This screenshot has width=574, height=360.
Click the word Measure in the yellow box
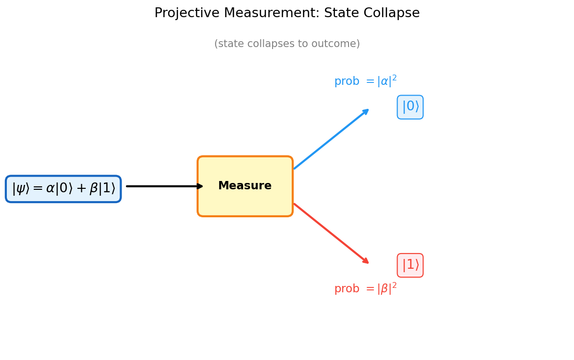click(245, 186)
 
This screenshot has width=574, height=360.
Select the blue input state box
click(63, 189)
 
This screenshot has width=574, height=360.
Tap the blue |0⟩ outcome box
click(410, 107)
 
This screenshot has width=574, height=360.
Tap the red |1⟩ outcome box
click(410, 265)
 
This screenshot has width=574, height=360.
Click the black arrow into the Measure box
click(164, 186)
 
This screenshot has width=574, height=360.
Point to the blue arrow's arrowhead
click(366, 111)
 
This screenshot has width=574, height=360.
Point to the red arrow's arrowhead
click(366, 261)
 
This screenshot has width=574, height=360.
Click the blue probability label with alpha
click(365, 81)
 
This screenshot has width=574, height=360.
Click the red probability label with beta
click(365, 289)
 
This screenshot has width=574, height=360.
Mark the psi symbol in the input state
click(21, 189)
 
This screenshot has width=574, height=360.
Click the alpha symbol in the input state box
click(50, 189)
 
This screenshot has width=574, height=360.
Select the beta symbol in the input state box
click(95, 189)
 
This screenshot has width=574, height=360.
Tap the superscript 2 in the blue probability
click(394, 77)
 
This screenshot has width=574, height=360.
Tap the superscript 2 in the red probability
click(394, 285)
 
